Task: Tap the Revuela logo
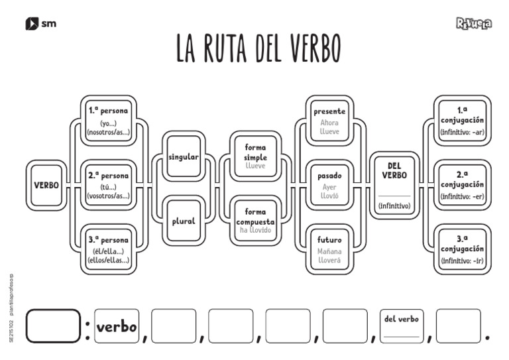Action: [474, 24]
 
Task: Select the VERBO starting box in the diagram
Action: [46, 185]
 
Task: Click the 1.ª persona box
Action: [108, 120]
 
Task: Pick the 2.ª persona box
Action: [108, 185]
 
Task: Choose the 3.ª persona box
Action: [108, 249]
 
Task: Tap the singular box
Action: [184, 156]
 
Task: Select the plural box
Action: [184, 221]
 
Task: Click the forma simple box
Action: [255, 156]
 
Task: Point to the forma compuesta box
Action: [255, 221]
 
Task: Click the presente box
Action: [329, 120]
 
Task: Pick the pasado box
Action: [329, 185]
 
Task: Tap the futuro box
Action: [329, 249]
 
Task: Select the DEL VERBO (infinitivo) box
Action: [394, 185]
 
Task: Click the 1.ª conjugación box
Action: [462, 120]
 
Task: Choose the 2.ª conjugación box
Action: [462, 185]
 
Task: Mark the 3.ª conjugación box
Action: [462, 249]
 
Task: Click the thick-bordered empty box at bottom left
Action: [53, 326]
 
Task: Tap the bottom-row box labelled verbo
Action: [117, 326]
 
